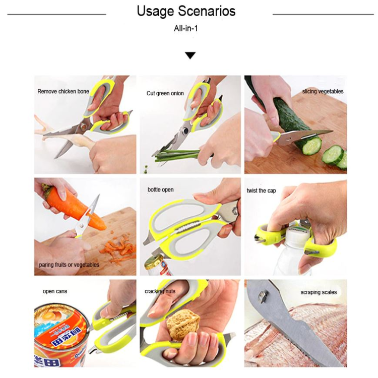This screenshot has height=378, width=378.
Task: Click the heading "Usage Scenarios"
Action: [186, 12]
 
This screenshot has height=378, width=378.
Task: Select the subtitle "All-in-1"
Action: [186, 29]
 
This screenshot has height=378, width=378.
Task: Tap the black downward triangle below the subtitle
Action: [190, 55]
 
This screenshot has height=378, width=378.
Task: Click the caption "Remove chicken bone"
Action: [63, 92]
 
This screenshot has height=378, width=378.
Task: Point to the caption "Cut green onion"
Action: [165, 93]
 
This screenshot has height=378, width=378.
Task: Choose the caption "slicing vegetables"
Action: [323, 92]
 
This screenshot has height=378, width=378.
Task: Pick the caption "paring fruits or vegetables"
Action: [69, 265]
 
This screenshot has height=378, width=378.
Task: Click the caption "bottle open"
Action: [160, 190]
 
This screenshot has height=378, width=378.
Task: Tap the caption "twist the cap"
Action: [261, 191]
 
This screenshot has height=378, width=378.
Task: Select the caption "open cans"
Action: [55, 291]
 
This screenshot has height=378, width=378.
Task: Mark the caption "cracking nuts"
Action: [160, 291]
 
